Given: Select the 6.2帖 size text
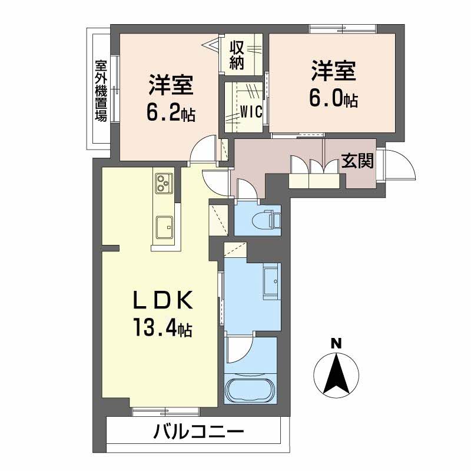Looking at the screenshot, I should (x=171, y=113).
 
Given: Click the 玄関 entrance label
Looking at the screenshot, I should (x=357, y=161).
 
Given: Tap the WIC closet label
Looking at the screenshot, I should (x=251, y=111).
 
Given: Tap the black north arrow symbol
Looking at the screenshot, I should (x=336, y=374).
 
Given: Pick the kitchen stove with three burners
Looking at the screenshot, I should (x=162, y=184).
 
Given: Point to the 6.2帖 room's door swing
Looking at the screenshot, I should (x=204, y=148).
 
